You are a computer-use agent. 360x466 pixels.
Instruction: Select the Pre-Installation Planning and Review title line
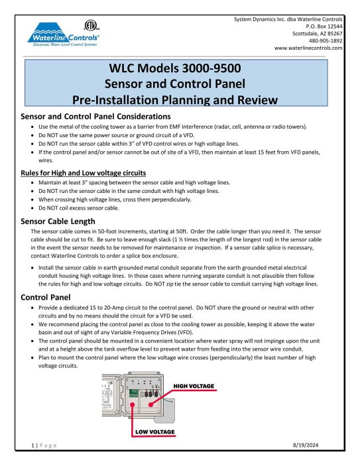(x=180, y=100)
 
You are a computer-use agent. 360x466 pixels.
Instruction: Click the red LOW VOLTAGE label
(x=154, y=432)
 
